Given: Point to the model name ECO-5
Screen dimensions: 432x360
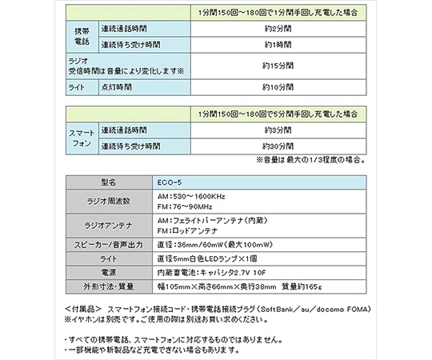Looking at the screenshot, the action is point(170,181).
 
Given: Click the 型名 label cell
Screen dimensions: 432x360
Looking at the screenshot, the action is point(110,181).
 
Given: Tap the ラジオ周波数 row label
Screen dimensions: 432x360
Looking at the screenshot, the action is point(110,200).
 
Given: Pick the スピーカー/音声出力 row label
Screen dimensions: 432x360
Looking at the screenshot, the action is point(110,244).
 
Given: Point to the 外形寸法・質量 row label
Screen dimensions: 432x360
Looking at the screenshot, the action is point(110,287).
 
